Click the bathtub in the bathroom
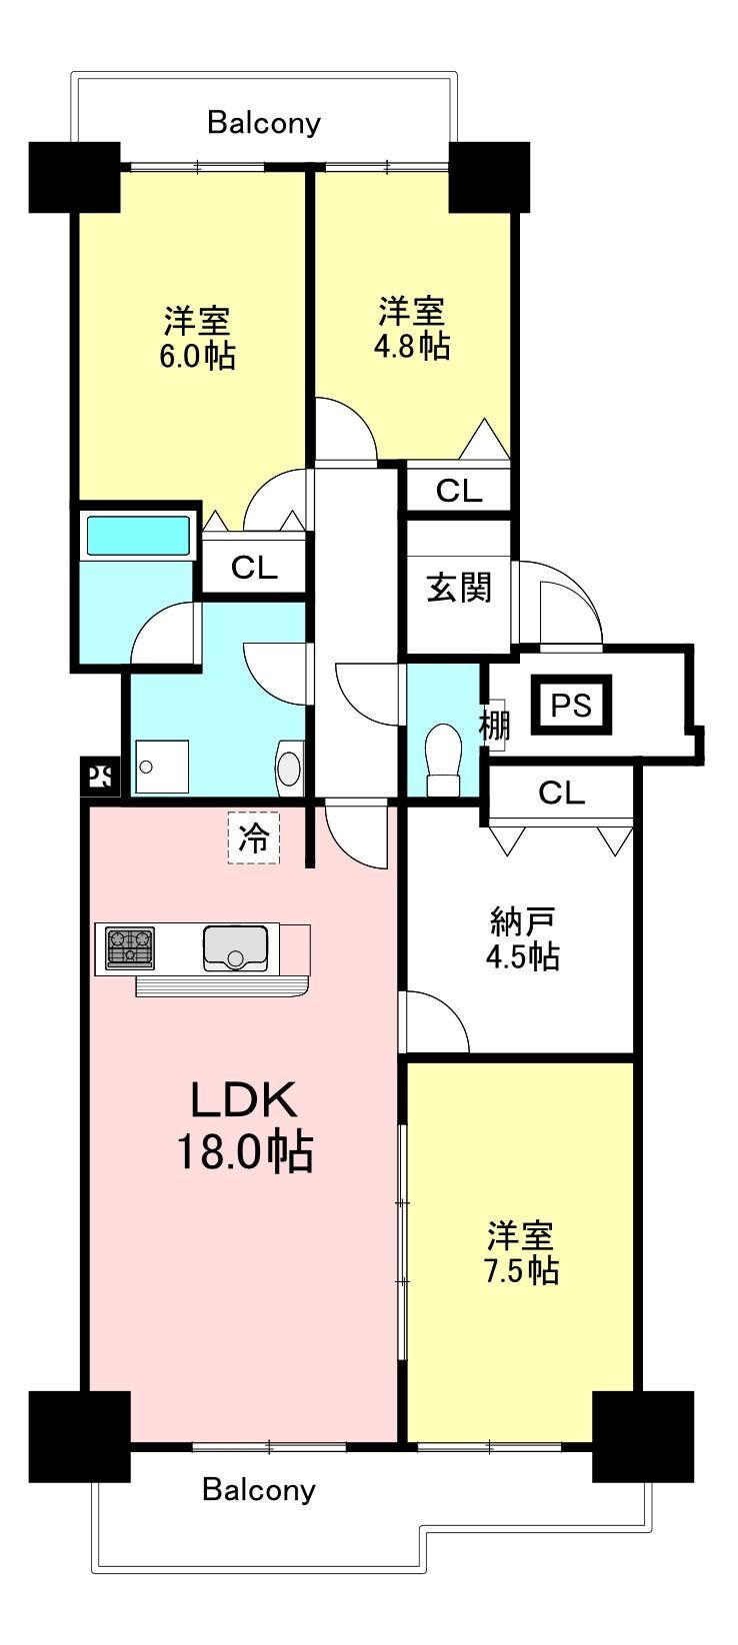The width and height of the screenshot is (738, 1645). click(139, 536)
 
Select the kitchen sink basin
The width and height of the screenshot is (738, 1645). click(235, 948)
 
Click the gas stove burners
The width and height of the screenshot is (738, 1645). click(130, 948)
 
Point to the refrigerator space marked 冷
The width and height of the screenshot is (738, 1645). click(254, 837)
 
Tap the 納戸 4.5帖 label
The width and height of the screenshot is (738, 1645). click(522, 939)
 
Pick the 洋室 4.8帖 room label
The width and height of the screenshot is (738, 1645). click(412, 328)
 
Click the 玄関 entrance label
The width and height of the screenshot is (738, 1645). click(459, 588)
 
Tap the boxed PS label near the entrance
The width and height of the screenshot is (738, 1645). click(572, 706)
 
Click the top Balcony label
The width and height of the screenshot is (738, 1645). click(264, 123)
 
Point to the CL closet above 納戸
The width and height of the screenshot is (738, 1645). click(562, 793)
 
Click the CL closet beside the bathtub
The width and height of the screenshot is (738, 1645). click(254, 567)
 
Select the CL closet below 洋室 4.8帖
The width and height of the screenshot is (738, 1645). click(459, 491)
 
